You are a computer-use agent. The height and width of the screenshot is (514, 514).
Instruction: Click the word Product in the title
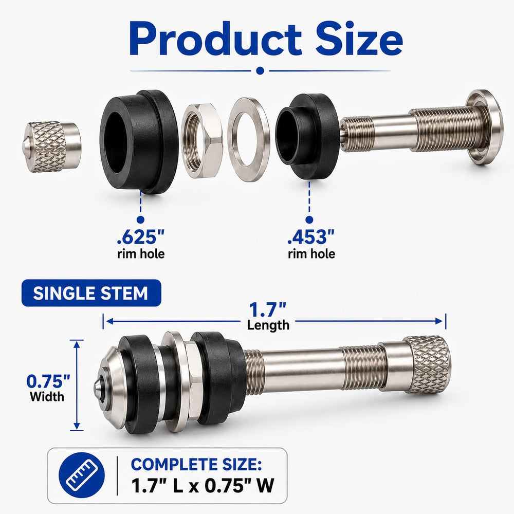tap(215, 39)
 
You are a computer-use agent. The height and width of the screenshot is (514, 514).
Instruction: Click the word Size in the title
tap(359, 39)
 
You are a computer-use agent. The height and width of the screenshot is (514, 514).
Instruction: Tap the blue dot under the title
tap(260, 70)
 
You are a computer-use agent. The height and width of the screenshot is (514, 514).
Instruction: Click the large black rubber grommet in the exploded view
tap(139, 141)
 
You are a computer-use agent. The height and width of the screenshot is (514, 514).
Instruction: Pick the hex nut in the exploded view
tap(202, 141)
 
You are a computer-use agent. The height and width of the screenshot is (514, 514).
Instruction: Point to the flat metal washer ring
tap(249, 140)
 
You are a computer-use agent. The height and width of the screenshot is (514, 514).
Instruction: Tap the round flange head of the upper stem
tap(485, 127)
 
